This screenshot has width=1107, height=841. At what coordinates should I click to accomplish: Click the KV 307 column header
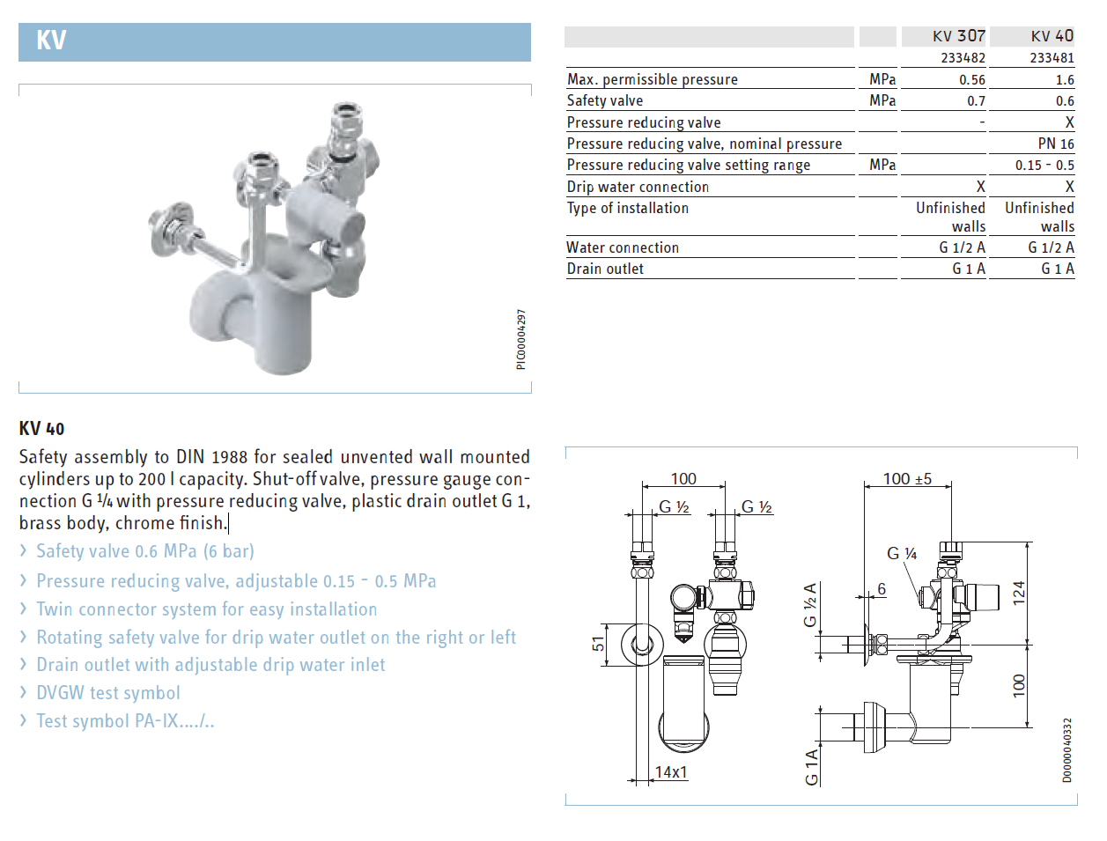click(958, 36)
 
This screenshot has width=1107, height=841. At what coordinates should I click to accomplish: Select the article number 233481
click(1052, 58)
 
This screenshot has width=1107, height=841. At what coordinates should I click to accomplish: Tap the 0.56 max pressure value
click(972, 79)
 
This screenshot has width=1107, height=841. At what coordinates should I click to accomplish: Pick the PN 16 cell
click(1056, 144)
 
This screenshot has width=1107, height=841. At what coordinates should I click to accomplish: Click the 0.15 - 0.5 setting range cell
click(1044, 166)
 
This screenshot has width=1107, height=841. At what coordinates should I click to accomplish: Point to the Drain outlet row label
click(605, 269)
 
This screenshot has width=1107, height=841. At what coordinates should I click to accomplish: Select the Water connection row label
click(623, 247)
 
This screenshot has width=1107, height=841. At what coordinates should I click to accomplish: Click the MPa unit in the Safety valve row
click(882, 100)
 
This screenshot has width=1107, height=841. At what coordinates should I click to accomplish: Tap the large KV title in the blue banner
click(51, 40)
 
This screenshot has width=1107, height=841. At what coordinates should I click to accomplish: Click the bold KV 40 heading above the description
click(42, 429)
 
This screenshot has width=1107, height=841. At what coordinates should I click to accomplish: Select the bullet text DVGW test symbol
click(108, 693)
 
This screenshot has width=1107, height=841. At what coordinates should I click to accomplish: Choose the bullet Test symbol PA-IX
click(125, 721)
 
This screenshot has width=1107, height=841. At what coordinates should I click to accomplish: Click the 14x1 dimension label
click(671, 772)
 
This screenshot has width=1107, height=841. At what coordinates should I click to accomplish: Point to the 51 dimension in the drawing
click(598, 644)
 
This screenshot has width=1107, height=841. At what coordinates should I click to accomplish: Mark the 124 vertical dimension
click(1019, 593)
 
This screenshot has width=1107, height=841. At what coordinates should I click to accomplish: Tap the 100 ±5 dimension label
click(907, 478)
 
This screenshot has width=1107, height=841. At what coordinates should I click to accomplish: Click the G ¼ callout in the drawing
click(902, 553)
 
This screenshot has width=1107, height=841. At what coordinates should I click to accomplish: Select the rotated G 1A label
click(811, 767)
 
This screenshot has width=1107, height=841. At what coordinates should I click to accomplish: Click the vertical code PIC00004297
click(521, 339)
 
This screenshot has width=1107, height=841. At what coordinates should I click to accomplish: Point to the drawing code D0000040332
click(1066, 750)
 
